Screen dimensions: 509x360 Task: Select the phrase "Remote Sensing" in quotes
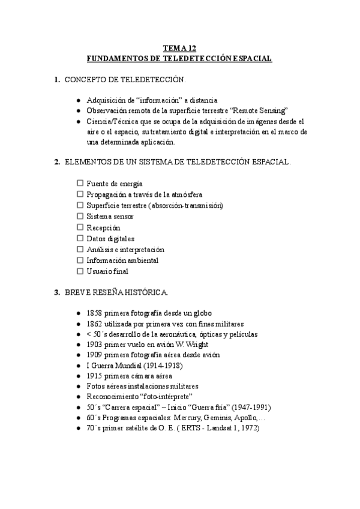coord(260,110)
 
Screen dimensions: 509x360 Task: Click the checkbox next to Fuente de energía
coord(80,184)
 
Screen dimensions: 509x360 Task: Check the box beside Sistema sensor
coord(80,216)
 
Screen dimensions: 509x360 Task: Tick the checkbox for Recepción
coord(80,227)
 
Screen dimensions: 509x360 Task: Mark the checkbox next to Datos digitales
coord(80,238)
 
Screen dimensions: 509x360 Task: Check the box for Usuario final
coord(80,271)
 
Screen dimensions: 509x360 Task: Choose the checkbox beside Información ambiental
coord(80,261)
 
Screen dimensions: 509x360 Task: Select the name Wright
coord(199,345)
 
